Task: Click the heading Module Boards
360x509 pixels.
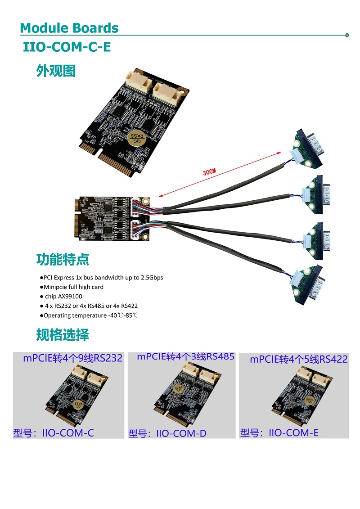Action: click(69, 28)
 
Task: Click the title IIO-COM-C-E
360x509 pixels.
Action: click(67, 47)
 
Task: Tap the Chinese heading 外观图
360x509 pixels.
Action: click(56, 71)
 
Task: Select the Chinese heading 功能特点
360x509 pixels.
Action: click(63, 259)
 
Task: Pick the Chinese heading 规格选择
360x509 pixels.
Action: click(63, 335)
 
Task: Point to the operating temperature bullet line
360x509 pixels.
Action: click(90, 315)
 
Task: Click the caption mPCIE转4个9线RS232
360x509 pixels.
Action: click(73, 358)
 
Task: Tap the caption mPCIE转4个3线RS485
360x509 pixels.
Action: click(185, 356)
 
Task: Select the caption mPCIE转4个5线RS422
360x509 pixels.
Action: click(299, 359)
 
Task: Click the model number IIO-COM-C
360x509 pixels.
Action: click(68, 433)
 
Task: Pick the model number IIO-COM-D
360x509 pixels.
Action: click(181, 434)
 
